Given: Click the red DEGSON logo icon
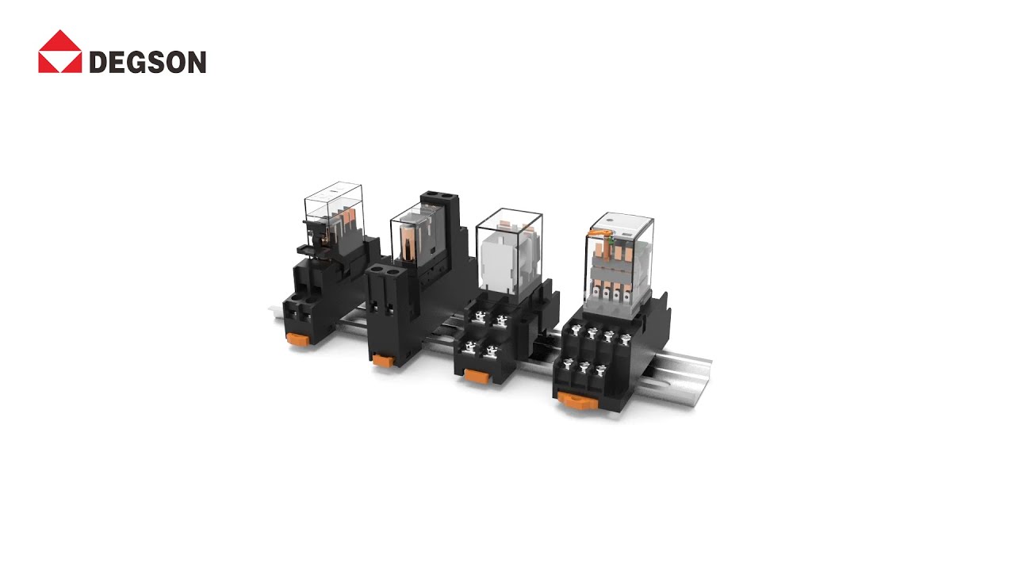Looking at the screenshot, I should click(59, 52).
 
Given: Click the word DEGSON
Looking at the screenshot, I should click(147, 62).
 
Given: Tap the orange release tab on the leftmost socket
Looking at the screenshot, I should click(298, 339).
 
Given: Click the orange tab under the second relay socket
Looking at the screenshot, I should click(384, 361).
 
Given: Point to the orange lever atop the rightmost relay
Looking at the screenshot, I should click(603, 232).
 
